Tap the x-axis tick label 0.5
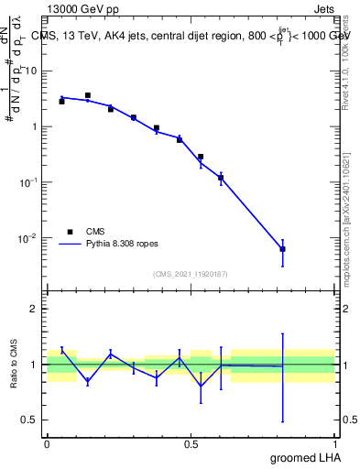click(x=191, y=444)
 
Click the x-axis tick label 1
click(x=334, y=444)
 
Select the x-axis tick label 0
click(x=47, y=444)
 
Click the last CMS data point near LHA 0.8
click(x=283, y=249)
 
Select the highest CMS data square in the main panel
click(x=88, y=95)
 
